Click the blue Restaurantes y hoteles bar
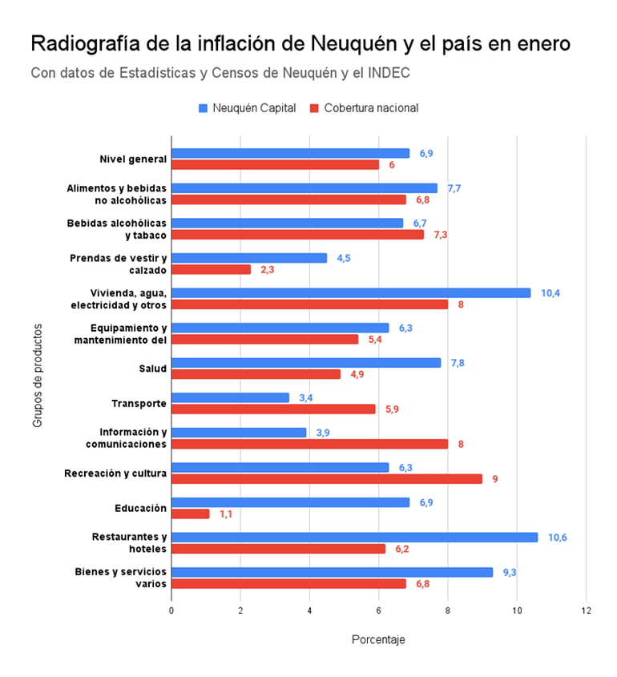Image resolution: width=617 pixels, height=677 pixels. pyautogui.click(x=354, y=537)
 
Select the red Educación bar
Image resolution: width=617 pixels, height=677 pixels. pyautogui.click(x=191, y=514)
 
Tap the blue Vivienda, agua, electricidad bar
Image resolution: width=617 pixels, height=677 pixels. pyautogui.click(x=351, y=292)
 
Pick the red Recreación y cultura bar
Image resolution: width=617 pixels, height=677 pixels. pyautogui.click(x=327, y=478)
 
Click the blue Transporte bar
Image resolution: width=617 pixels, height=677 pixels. pyautogui.click(x=231, y=397)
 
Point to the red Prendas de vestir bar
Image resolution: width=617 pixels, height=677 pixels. pyautogui.click(x=212, y=269)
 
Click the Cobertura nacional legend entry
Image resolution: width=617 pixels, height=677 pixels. pyautogui.click(x=364, y=107)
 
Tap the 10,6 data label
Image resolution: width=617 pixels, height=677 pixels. pyautogui.click(x=558, y=537)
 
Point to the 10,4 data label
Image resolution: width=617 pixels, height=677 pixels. pyautogui.click(x=550, y=292)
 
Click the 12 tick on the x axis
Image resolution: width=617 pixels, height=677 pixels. pyautogui.click(x=586, y=611)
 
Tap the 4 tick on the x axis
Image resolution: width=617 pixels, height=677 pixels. pyautogui.click(x=309, y=611)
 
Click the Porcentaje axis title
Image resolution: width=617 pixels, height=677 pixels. pyautogui.click(x=378, y=639)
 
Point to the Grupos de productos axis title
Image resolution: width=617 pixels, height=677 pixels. pyautogui.click(x=38, y=375)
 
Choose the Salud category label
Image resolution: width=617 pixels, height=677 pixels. pyautogui.click(x=152, y=369)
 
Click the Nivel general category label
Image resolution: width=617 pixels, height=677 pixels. pyautogui.click(x=133, y=159)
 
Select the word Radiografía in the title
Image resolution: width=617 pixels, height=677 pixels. pyautogui.click(x=86, y=43)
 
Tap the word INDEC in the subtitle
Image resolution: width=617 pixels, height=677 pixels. pyautogui.click(x=389, y=73)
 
